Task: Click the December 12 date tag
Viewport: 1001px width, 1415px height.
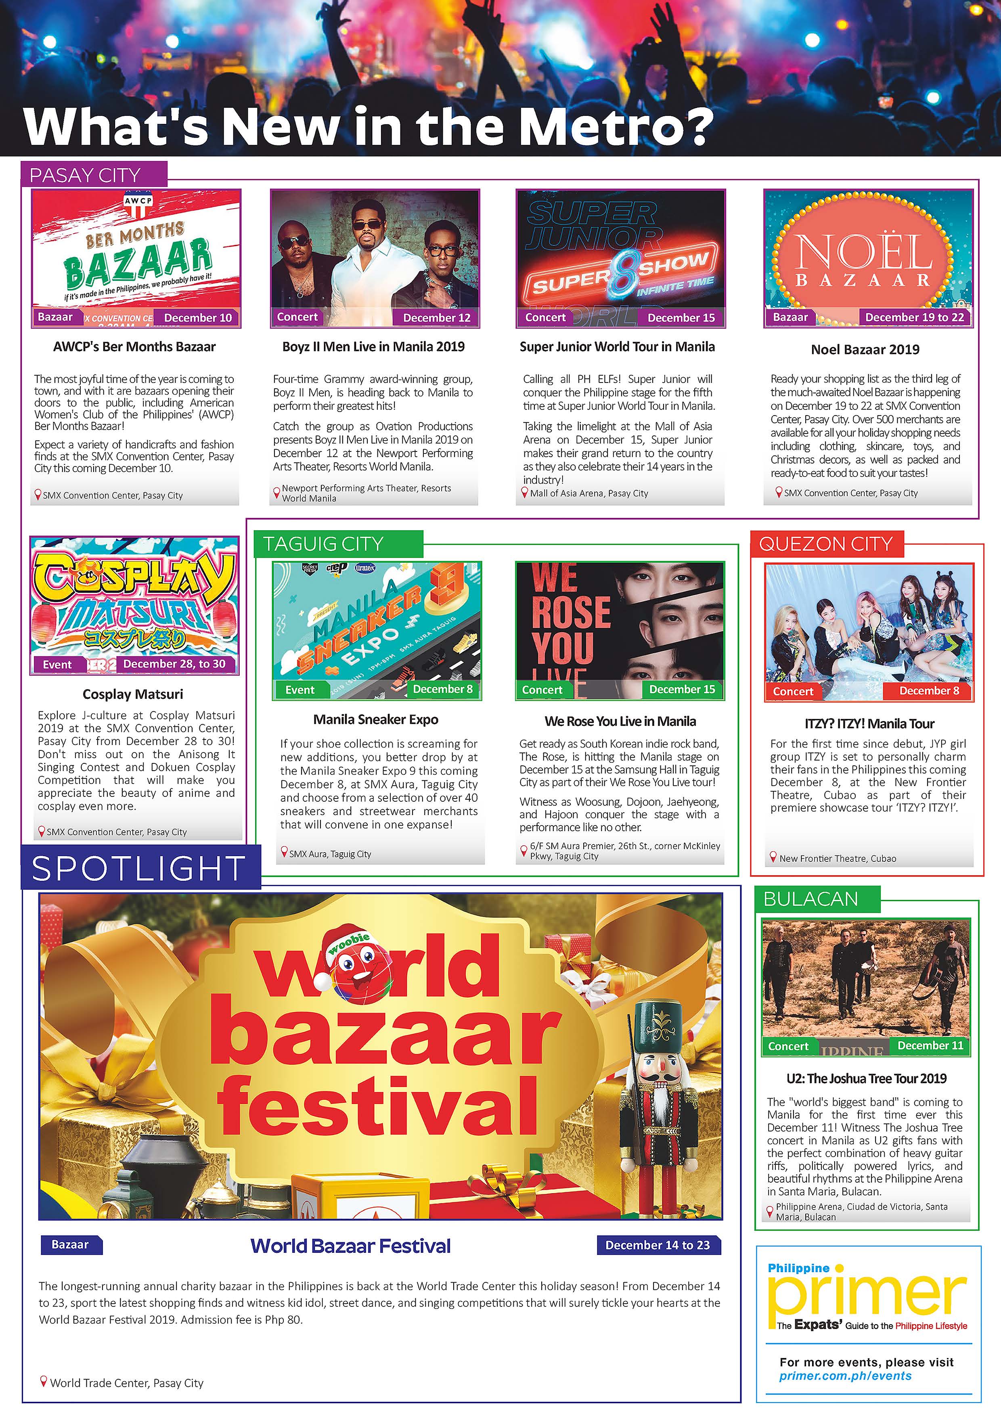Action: pos(436,318)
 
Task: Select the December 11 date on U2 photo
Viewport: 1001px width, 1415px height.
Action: pos(930,1045)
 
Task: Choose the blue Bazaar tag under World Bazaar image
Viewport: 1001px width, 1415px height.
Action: pos(70,1244)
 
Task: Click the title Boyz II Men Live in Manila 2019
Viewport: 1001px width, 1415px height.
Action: pos(373,346)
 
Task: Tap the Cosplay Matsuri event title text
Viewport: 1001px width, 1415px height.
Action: pos(133,694)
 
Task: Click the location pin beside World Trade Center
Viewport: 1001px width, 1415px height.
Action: pos(43,1382)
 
